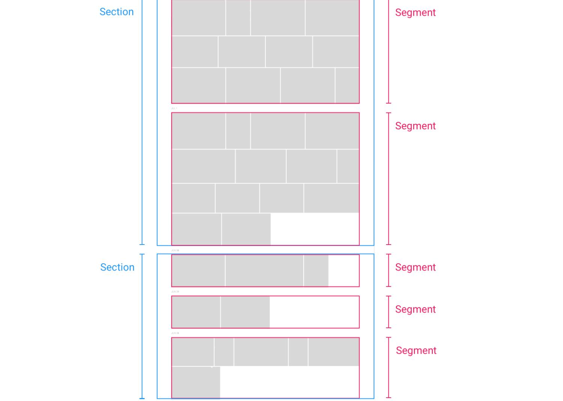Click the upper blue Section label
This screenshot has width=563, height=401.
[x=116, y=12]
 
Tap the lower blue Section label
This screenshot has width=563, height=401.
[x=117, y=267]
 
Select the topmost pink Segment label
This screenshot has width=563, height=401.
[x=415, y=12]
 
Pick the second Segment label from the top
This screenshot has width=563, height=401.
[x=415, y=126]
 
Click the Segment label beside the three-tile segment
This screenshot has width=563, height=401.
[x=415, y=267]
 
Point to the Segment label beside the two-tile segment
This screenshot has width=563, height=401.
[x=415, y=309]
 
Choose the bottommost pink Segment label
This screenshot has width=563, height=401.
[x=416, y=350]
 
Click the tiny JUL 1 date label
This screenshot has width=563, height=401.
[x=174, y=108]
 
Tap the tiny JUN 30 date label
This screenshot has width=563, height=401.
[x=175, y=250]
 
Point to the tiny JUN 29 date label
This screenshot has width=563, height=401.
[x=175, y=291]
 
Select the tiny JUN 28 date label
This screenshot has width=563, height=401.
[x=175, y=333]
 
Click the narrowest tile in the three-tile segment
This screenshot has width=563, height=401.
[x=316, y=270]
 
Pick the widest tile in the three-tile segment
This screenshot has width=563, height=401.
[x=264, y=270]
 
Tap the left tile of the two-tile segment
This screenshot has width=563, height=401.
[x=196, y=312]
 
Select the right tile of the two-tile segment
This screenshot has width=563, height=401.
[x=245, y=312]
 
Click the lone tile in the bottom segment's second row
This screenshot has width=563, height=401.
[x=196, y=382]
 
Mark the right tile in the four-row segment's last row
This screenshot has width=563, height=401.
[x=246, y=229]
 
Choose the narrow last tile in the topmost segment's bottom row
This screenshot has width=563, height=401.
[x=347, y=85]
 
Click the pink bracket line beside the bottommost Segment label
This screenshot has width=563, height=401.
[x=388, y=368]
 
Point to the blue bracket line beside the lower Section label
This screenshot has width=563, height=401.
[x=142, y=326]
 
